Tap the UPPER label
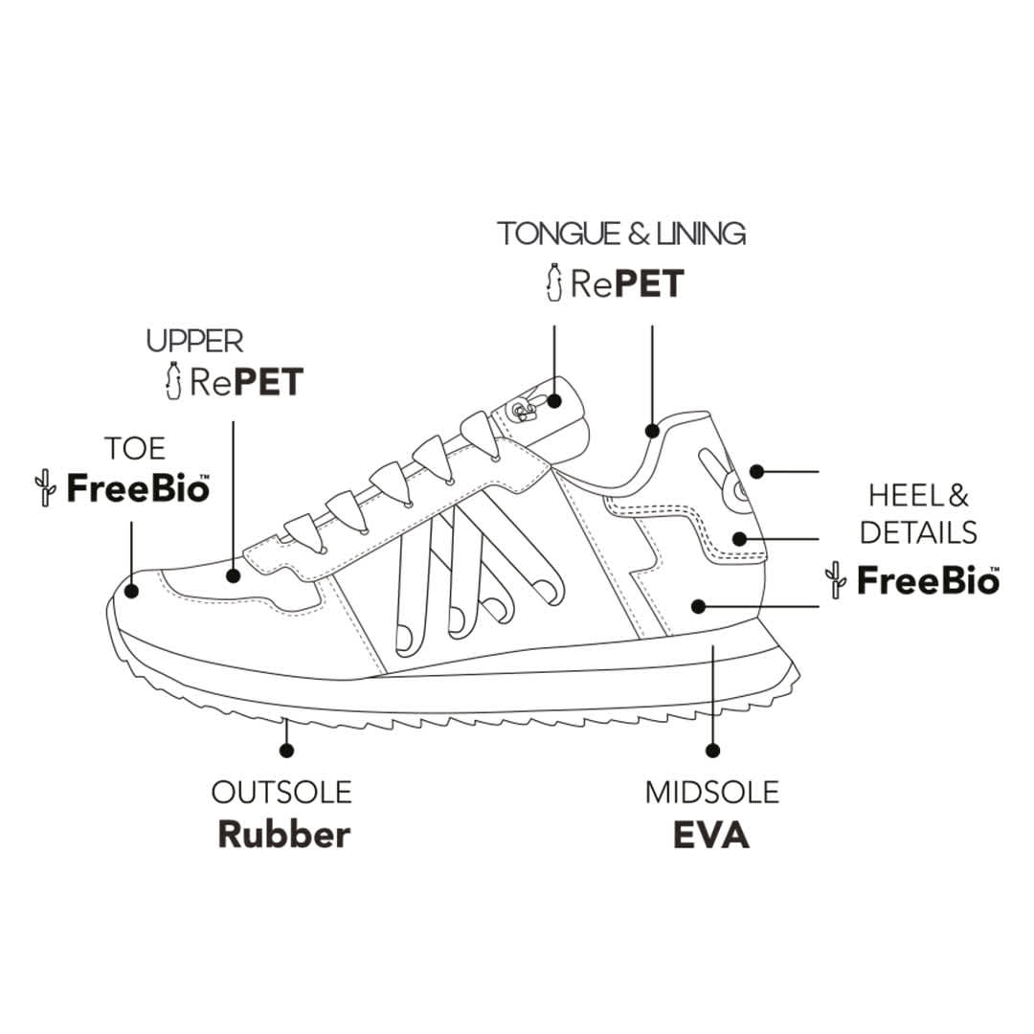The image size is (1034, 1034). point(194,340)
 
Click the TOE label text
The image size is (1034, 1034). point(135,448)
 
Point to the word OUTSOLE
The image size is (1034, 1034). point(281,793)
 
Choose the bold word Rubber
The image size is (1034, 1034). point(283,834)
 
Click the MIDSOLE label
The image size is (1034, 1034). point(711,793)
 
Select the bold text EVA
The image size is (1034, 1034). point(711,834)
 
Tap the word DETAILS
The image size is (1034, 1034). point(918,532)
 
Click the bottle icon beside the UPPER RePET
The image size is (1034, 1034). point(173,380)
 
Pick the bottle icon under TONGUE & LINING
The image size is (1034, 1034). point(552,281)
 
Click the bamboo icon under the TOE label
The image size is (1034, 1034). point(44,487)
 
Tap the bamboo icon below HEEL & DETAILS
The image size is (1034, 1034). point(836,580)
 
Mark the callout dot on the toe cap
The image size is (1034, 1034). point(130,590)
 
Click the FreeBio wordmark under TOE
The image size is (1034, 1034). point(137,488)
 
